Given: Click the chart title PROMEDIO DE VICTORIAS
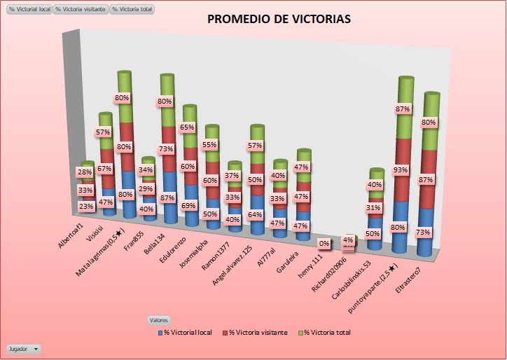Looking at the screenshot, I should pos(279,19).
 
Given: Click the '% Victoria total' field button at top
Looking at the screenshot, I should pos(132,10).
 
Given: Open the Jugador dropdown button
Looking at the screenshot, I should pos(24,348).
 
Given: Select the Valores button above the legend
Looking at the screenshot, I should pos(158,319).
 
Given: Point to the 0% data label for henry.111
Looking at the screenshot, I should pos(324,244).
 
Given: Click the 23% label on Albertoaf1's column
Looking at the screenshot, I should pos(86,206).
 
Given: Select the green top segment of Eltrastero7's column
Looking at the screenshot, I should pos(431,123).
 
